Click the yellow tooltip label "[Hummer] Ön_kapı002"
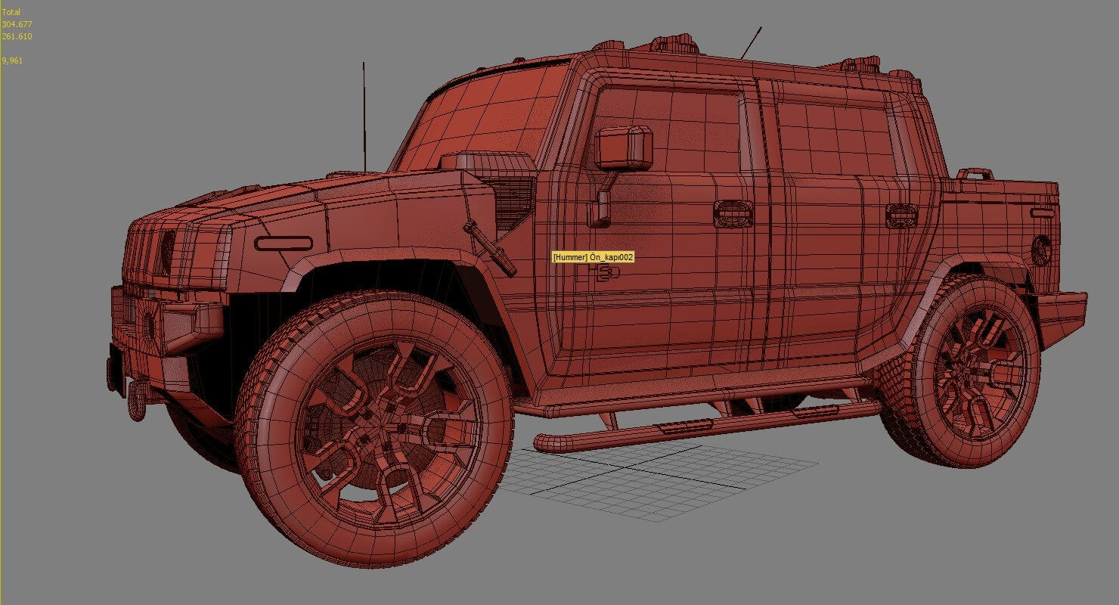click(x=593, y=257)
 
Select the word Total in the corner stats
click(x=11, y=12)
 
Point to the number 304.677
click(x=17, y=24)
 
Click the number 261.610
click(x=17, y=36)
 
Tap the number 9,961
click(x=12, y=60)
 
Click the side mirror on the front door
click(x=623, y=147)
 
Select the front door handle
click(x=733, y=213)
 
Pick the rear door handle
click(x=901, y=215)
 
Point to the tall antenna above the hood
click(x=364, y=113)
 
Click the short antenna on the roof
click(x=751, y=42)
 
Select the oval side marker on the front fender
click(x=283, y=244)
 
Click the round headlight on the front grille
click(x=166, y=253)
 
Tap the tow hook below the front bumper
click(x=137, y=399)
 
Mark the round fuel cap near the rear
click(x=1041, y=250)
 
